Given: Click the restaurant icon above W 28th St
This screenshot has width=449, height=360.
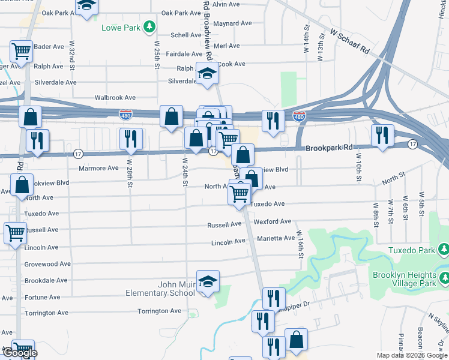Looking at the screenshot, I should pyautogui.click(x=130, y=139).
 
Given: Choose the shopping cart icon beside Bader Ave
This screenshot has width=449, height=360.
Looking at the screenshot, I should pyautogui.click(x=22, y=52).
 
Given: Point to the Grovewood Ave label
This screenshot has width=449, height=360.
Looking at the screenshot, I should pyautogui.click(x=47, y=263).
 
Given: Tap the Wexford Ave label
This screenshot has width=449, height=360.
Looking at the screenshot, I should pyautogui.click(x=272, y=222).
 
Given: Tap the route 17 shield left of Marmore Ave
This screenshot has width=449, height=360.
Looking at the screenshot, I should pyautogui.click(x=78, y=154).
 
